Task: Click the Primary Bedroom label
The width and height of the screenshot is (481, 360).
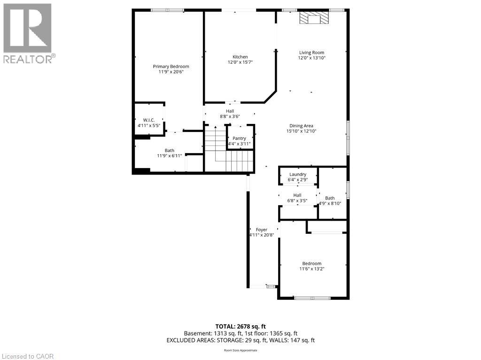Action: [x=171, y=67]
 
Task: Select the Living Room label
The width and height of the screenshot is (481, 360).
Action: [x=312, y=53]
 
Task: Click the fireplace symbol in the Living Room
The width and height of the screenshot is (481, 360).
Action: [x=314, y=18]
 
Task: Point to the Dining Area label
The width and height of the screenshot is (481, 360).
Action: [x=301, y=125]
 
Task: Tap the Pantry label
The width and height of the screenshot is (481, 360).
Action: [x=240, y=138]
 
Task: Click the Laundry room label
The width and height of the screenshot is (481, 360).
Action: [x=298, y=174]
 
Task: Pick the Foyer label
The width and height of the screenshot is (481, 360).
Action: [x=262, y=230]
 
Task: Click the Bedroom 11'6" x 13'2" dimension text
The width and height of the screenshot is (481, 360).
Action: [x=312, y=269]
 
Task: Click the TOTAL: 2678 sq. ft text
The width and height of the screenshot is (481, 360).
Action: [x=240, y=326]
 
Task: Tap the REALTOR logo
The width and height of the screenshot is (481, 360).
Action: [x=28, y=33]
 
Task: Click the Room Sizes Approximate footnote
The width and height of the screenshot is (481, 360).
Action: [x=240, y=350]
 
